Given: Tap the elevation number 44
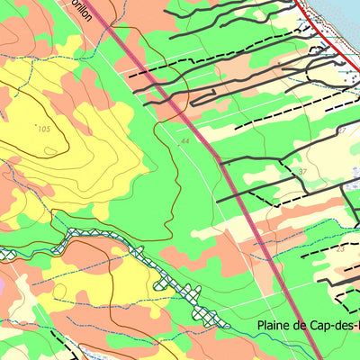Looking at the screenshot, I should pos(184,141).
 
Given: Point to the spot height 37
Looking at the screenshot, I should pos(302,171).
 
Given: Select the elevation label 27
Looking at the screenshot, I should pos(341,131).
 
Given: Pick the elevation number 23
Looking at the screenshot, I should pos(340,249).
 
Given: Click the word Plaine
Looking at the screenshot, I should pos(276,326).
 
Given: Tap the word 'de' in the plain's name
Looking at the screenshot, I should pos(308,326).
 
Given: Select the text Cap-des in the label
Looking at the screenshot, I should pos(340,326).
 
